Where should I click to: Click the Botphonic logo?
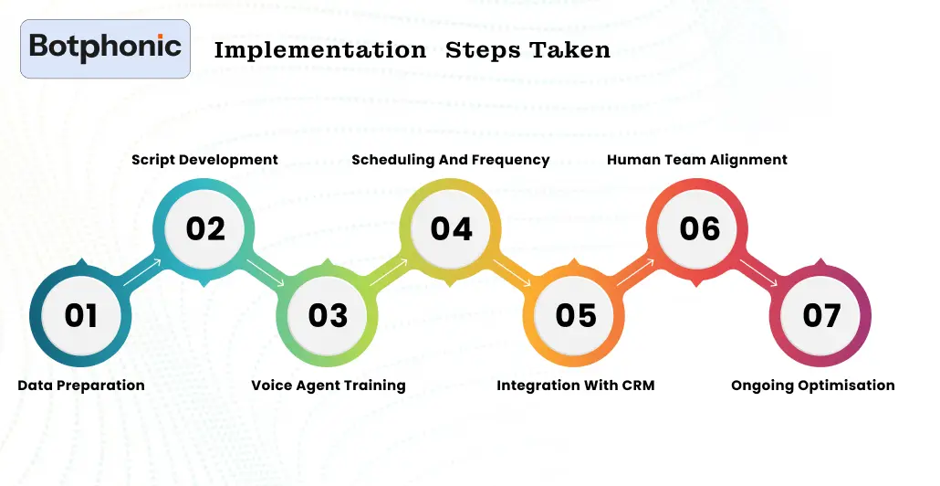(x=105, y=48)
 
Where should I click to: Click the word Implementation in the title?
(x=319, y=50)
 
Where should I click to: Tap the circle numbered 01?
(x=81, y=315)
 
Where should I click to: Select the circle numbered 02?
(x=205, y=227)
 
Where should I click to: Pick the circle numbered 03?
(x=329, y=315)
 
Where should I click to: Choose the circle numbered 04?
(x=452, y=227)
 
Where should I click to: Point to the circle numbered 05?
(x=575, y=315)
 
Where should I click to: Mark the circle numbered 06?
(x=699, y=227)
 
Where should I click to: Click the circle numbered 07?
(x=821, y=315)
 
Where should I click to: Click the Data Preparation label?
(x=81, y=386)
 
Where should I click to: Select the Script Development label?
(x=204, y=160)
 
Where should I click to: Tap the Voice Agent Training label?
(x=329, y=386)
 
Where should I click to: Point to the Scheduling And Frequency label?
(x=451, y=160)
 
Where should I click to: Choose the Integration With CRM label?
(x=575, y=386)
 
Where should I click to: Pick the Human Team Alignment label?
(x=697, y=160)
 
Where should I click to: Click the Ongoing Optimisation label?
(x=813, y=386)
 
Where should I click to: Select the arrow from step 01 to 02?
(x=143, y=272)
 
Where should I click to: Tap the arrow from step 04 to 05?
(x=513, y=273)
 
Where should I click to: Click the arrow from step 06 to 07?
(x=759, y=273)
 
